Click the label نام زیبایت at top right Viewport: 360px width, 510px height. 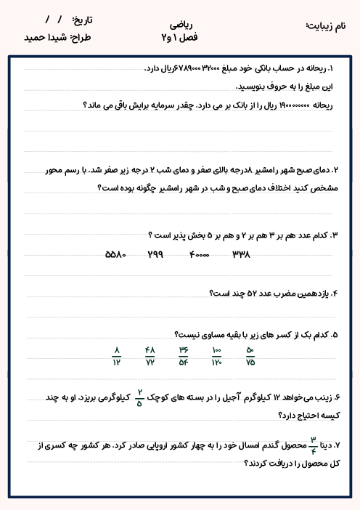[328, 25]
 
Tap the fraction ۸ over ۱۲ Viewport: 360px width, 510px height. [116, 356]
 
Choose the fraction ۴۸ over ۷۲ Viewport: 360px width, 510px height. [150, 356]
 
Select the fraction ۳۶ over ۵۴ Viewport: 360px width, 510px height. [184, 356]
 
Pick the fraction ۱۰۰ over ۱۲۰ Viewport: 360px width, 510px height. [216, 356]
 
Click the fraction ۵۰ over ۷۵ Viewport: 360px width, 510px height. [250, 356]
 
